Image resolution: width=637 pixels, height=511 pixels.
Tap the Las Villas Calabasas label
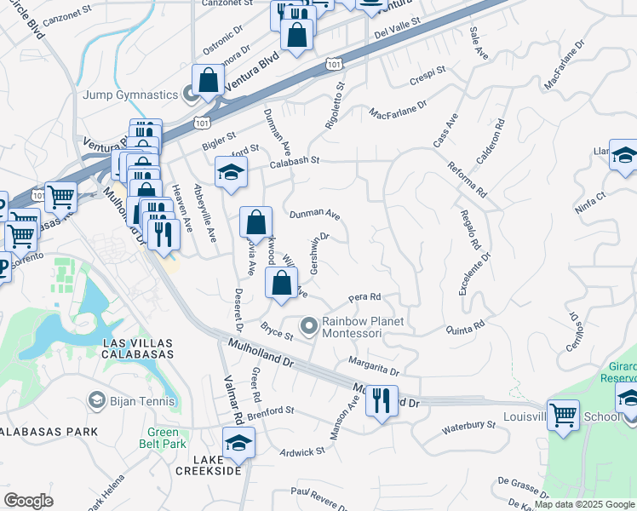coord(138,347)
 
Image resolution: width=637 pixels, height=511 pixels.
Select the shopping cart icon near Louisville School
coord(563,416)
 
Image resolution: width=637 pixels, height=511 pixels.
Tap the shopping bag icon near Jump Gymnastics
coord(208,81)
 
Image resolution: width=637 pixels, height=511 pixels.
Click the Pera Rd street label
coord(363,298)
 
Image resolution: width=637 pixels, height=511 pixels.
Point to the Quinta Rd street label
coord(464,326)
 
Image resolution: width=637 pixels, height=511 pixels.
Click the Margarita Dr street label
coord(376,368)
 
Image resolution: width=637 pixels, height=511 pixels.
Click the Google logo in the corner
coord(28,501)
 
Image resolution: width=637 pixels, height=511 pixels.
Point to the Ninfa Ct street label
coord(588,201)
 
